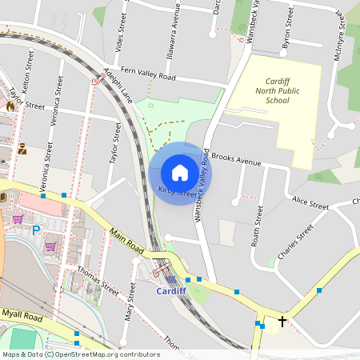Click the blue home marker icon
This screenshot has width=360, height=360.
tap(180, 173)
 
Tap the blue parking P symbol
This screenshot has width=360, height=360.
tap(35, 230)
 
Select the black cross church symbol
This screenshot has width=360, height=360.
tap(282, 322)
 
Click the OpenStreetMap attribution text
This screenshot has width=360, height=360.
tap(80, 354)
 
